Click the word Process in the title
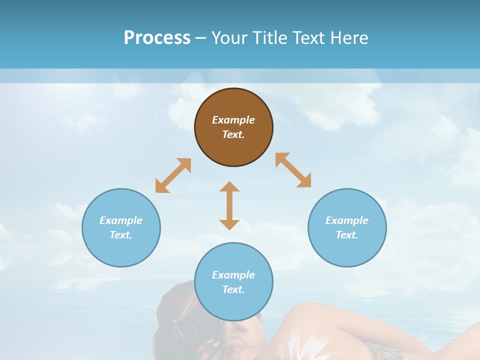(157, 38)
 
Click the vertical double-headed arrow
(229, 205)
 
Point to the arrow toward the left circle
(173, 175)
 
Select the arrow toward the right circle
(293, 170)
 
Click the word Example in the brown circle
(233, 120)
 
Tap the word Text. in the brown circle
(233, 134)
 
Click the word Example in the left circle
(121, 220)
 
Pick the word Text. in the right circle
(347, 235)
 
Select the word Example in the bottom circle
(233, 275)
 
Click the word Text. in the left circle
(121, 235)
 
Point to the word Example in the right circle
(347, 220)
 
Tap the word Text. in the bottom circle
(233, 289)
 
